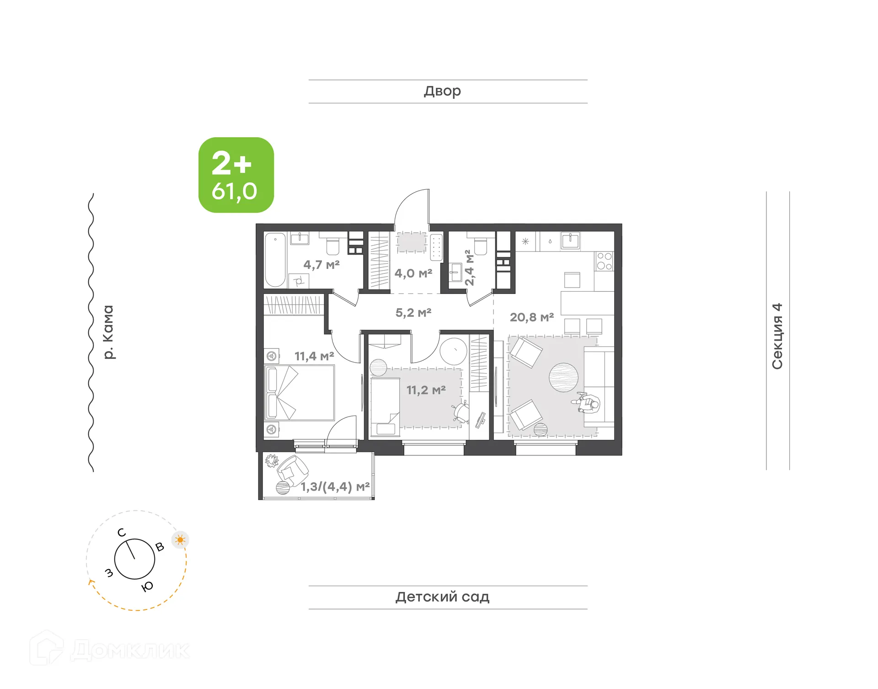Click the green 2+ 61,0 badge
(236, 175)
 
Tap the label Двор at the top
(442, 91)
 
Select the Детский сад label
(442, 597)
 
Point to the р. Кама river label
(108, 332)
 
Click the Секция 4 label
(777, 336)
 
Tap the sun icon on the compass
(180, 540)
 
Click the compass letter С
(121, 533)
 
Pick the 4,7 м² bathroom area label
(321, 265)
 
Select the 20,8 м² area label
(532, 317)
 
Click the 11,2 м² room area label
(426, 390)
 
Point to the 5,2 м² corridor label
(413, 313)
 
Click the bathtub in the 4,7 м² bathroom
(275, 260)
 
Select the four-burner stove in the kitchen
(604, 261)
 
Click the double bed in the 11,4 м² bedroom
(300, 392)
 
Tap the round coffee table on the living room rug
(563, 378)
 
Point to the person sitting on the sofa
(587, 403)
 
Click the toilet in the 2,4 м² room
(480, 246)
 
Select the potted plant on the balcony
(272, 460)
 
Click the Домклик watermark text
(130, 650)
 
